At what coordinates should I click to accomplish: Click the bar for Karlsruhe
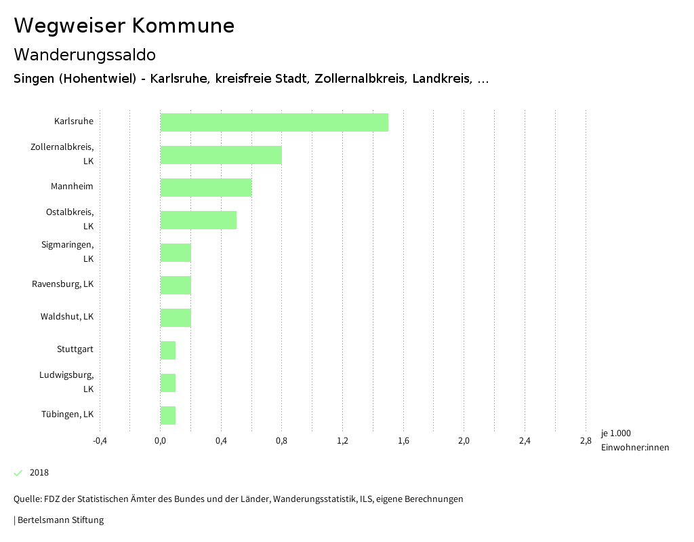point(274,122)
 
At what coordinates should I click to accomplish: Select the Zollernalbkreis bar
point(221,155)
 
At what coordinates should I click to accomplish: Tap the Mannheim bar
point(206,187)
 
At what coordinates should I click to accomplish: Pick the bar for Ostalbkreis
point(199,220)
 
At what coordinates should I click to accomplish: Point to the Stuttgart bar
point(168,350)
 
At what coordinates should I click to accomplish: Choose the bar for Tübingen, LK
point(168,415)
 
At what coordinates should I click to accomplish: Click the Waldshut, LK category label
point(67,317)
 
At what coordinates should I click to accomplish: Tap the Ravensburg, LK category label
point(63,284)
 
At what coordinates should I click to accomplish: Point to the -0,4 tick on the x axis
point(100,441)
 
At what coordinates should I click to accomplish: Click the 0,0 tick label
point(161,441)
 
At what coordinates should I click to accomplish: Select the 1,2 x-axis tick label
point(342,441)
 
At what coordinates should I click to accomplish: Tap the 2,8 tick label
point(586,441)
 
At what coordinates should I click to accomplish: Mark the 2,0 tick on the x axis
point(464,441)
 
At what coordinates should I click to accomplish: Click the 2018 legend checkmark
point(18,473)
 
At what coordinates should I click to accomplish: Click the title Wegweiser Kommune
point(124,26)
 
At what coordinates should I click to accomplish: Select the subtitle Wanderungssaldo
point(85,54)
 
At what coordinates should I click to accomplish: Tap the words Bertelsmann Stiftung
point(60,520)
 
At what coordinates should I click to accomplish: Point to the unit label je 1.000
point(615,433)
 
